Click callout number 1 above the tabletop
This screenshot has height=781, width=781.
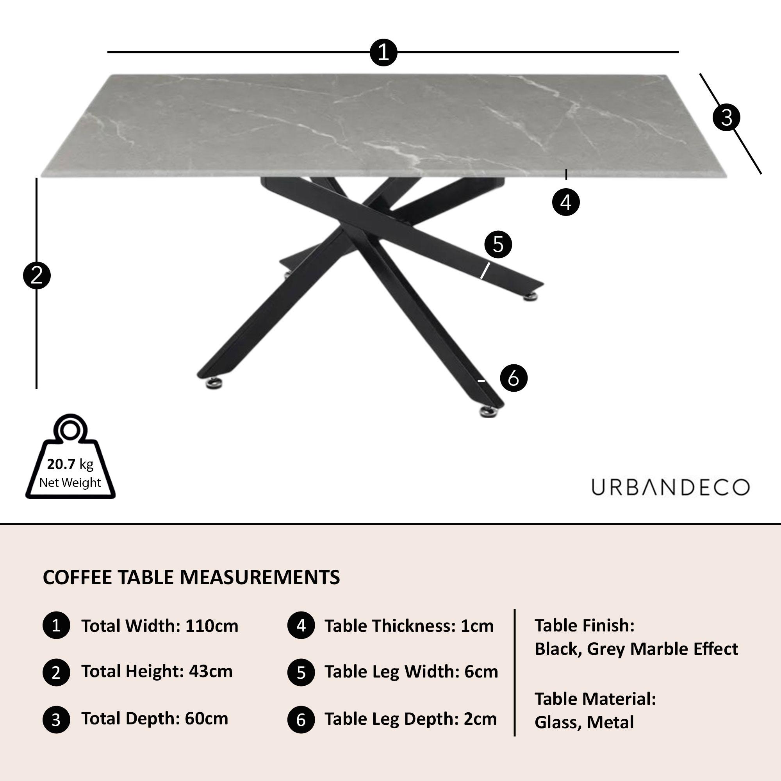pos(383,53)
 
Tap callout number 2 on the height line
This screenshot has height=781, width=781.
pos(37,276)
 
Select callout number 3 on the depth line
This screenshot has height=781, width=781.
pos(726,118)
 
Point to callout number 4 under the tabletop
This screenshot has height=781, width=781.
pos(566,202)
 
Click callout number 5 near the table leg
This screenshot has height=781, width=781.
pos(498,244)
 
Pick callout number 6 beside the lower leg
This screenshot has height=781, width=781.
pos(514,378)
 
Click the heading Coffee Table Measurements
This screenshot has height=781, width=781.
pos(191,577)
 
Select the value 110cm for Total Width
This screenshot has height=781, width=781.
pos(212,626)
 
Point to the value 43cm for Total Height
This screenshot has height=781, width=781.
pos(211,671)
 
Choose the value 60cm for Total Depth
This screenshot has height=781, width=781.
pos(207,719)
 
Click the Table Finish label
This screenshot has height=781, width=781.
pos(585,625)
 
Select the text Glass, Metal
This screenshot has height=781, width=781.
pos(584,722)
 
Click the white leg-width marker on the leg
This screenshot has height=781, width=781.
pos(485,271)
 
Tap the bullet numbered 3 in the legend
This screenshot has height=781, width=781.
pos(56,720)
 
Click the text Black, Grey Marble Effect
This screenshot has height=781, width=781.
pos(636,649)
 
